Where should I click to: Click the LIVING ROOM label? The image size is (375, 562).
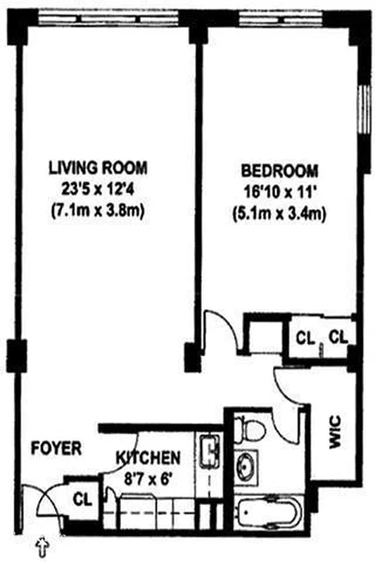98,168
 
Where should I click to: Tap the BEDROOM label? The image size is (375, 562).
279,171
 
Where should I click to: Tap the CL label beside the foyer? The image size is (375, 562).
83,500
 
